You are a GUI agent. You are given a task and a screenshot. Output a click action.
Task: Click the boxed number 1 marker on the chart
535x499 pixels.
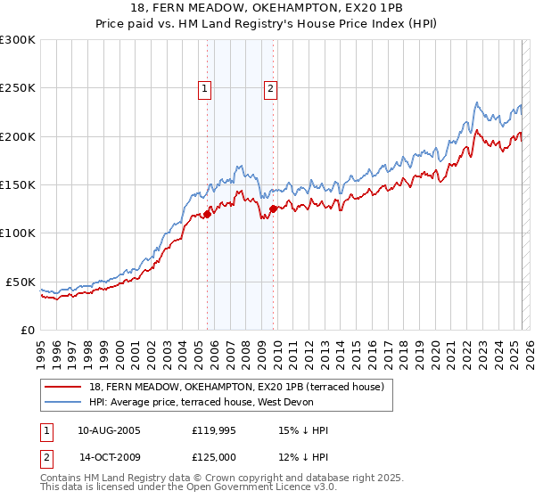click(205, 88)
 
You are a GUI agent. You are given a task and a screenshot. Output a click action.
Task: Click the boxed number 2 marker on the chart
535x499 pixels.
click(269, 88)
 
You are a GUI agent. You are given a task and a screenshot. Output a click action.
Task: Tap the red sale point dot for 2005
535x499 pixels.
click(207, 214)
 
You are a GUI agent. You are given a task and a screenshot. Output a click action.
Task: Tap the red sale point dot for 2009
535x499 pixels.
click(273, 209)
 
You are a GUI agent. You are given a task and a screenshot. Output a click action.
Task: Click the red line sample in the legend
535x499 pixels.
click(63, 387)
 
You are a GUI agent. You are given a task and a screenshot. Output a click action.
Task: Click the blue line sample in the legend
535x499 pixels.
click(63, 402)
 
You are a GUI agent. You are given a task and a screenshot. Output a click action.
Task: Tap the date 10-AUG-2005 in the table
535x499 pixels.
click(109, 430)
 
